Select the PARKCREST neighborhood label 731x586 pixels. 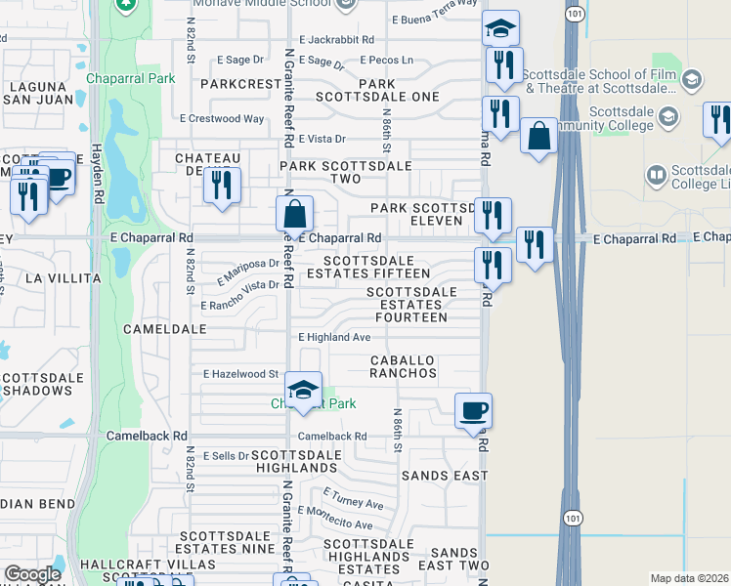[241, 84]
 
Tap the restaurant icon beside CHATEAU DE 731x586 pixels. [223, 185]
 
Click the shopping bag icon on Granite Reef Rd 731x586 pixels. [294, 213]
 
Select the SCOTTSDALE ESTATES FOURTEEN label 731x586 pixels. [411, 305]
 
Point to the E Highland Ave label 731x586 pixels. [334, 337]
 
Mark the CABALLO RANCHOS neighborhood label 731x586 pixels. [403, 366]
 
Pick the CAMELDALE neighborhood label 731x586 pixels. [165, 329]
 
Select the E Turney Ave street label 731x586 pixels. [353, 500]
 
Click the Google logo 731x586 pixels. [32, 573]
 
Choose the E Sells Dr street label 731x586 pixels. [226, 456]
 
